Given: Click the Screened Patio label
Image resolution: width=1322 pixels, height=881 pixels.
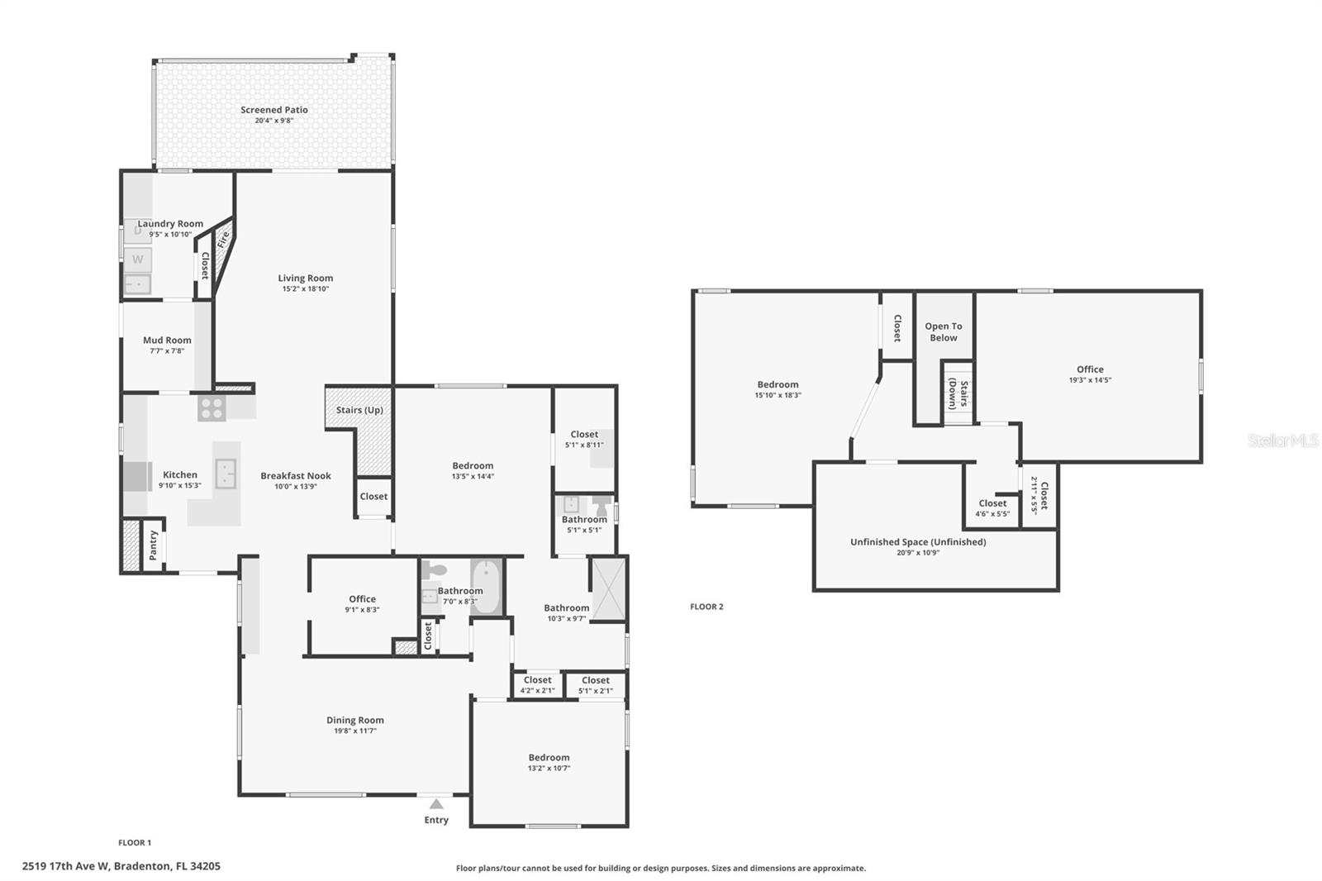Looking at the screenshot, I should [273, 109].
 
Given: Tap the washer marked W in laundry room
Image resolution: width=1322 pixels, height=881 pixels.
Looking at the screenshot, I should [137, 259].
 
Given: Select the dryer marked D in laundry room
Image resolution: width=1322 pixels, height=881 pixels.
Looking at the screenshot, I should [137, 231].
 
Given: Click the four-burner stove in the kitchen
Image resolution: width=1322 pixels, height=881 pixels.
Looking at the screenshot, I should [212, 408].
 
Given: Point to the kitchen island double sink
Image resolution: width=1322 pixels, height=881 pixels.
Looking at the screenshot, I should [226, 474].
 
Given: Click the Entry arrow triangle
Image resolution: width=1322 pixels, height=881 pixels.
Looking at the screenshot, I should [436, 803].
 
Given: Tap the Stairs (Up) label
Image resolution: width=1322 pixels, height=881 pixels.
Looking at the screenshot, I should [359, 410].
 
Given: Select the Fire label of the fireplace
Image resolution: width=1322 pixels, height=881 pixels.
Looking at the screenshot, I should [223, 240].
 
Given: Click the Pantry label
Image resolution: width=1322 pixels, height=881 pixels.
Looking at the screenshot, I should [154, 545].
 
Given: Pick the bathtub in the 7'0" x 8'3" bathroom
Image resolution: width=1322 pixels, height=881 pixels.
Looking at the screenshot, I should [486, 586].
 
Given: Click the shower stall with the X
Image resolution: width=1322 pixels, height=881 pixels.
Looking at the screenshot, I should [608, 588].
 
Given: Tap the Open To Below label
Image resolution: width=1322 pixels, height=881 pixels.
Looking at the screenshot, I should [943, 331].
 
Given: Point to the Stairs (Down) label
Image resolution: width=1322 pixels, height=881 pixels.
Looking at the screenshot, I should [958, 393].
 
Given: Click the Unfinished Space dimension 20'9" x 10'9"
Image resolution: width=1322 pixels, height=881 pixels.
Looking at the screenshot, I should [918, 553].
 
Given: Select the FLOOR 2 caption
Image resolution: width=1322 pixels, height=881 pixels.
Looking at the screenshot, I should [706, 607].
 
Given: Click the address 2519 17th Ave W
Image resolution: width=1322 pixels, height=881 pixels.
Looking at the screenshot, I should [121, 866].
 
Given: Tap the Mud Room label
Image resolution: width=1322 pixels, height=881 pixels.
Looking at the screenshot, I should [167, 340].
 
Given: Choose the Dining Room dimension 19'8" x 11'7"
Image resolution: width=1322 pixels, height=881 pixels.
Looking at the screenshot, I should [354, 731].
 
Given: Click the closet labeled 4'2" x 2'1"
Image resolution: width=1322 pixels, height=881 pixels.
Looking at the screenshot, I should [537, 685].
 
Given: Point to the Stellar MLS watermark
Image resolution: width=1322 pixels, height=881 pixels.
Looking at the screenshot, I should [1282, 440].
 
